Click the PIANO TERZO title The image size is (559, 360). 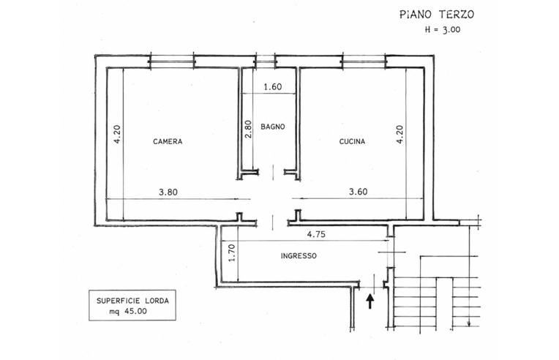(437, 14)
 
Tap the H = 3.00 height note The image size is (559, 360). (443, 29)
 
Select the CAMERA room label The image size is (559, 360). (168, 141)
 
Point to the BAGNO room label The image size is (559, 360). (273, 127)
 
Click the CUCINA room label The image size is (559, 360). (352, 141)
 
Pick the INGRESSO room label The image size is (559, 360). (299, 255)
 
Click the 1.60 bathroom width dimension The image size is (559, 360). (273, 86)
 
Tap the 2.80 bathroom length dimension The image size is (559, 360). (248, 129)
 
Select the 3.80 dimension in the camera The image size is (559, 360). (168, 192)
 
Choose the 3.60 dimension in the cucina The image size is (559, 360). (359, 192)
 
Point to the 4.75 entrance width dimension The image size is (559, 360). (316, 234)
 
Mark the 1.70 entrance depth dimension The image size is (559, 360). (232, 252)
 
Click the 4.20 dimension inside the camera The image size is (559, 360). (117, 134)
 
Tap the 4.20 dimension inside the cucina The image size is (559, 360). (399, 134)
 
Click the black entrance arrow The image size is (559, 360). (370, 301)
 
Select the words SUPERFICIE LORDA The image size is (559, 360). (132, 301)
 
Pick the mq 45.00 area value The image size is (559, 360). (128, 311)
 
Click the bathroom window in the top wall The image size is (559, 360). (266, 61)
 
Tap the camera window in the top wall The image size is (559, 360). (172, 61)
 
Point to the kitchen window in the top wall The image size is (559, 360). (364, 61)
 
